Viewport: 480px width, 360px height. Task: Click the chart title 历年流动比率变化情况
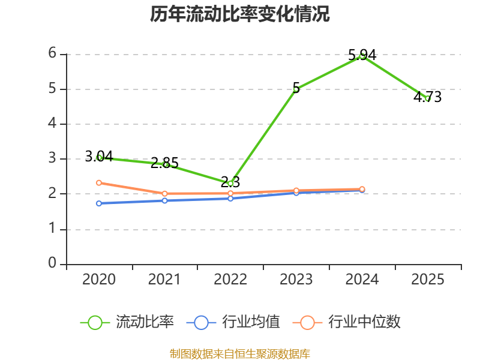tap(239, 14)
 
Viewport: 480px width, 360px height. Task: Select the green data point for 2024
tap(362, 56)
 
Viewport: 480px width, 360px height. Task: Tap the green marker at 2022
tap(230, 184)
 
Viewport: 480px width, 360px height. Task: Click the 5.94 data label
tap(362, 55)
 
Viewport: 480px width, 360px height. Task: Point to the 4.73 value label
tap(428, 97)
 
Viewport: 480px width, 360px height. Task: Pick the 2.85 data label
tap(164, 163)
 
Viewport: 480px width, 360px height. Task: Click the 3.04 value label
tap(99, 156)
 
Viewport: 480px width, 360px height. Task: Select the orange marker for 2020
tap(99, 183)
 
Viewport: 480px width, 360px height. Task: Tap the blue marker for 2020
tap(99, 203)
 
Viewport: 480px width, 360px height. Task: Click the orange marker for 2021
tap(164, 193)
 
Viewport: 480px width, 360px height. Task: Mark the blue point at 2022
tap(230, 199)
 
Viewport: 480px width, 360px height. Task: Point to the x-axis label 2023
tap(296, 279)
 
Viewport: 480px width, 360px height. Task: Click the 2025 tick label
tap(428, 279)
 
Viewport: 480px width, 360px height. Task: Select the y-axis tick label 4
tap(52, 124)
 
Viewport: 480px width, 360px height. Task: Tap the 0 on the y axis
tap(52, 263)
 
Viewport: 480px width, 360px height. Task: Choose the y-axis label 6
tap(52, 53)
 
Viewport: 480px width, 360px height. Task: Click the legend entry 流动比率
tap(127, 322)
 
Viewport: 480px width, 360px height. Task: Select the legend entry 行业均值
tap(233, 322)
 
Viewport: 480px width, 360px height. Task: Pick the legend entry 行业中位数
tap(346, 322)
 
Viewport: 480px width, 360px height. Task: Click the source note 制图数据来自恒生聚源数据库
tap(240, 354)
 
